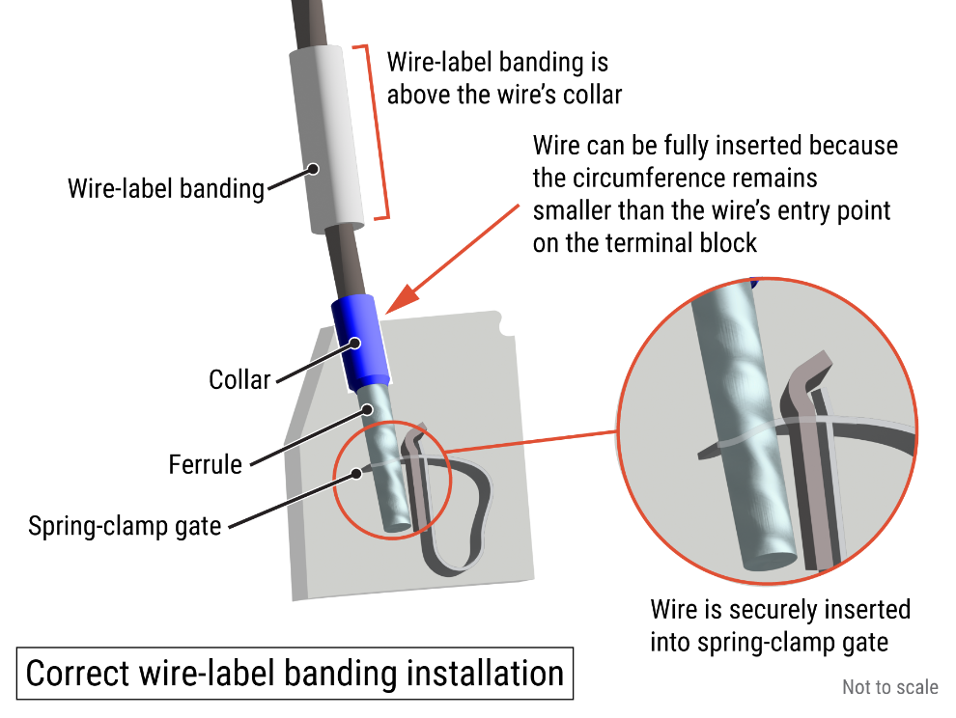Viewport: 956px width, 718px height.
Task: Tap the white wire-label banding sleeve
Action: [328, 140]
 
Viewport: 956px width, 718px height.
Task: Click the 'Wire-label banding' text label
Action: [165, 188]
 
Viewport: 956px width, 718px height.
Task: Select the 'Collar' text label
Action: [239, 379]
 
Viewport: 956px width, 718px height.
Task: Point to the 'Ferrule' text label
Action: [205, 464]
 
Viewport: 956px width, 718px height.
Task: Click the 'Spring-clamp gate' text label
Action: [125, 526]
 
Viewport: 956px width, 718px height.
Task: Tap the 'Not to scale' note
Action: [889, 687]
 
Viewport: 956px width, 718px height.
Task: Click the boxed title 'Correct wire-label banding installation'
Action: [295, 673]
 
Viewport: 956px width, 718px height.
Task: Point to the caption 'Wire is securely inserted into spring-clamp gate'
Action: [779, 625]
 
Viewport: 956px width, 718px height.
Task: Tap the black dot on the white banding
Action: [313, 168]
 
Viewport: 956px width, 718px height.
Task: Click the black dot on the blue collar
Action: [355, 342]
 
